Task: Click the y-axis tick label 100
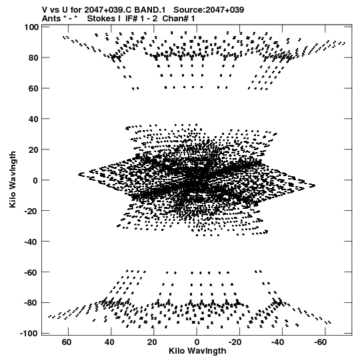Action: pyautogui.click(x=31, y=27)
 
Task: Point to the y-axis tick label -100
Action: pyautogui.click(x=29, y=333)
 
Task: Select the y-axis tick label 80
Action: pyautogui.click(x=33, y=58)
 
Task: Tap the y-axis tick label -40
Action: pyautogui.click(x=31, y=242)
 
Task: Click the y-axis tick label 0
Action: pyautogui.click(x=35, y=180)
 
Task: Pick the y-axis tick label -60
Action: pyautogui.click(x=31, y=272)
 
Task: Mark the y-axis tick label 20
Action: pyautogui.click(x=33, y=149)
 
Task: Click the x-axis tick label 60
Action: pyautogui.click(x=67, y=342)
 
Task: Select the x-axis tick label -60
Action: pyautogui.click(x=321, y=342)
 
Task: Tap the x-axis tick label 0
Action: pyautogui.click(x=197, y=342)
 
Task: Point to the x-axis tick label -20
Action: pyautogui.click(x=235, y=342)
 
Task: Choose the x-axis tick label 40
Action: pyautogui.click(x=109, y=342)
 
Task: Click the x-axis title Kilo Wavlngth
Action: pyautogui.click(x=197, y=351)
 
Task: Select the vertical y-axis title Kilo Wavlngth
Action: pyautogui.click(x=13, y=179)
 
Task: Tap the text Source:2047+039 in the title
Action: pyautogui.click(x=209, y=10)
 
